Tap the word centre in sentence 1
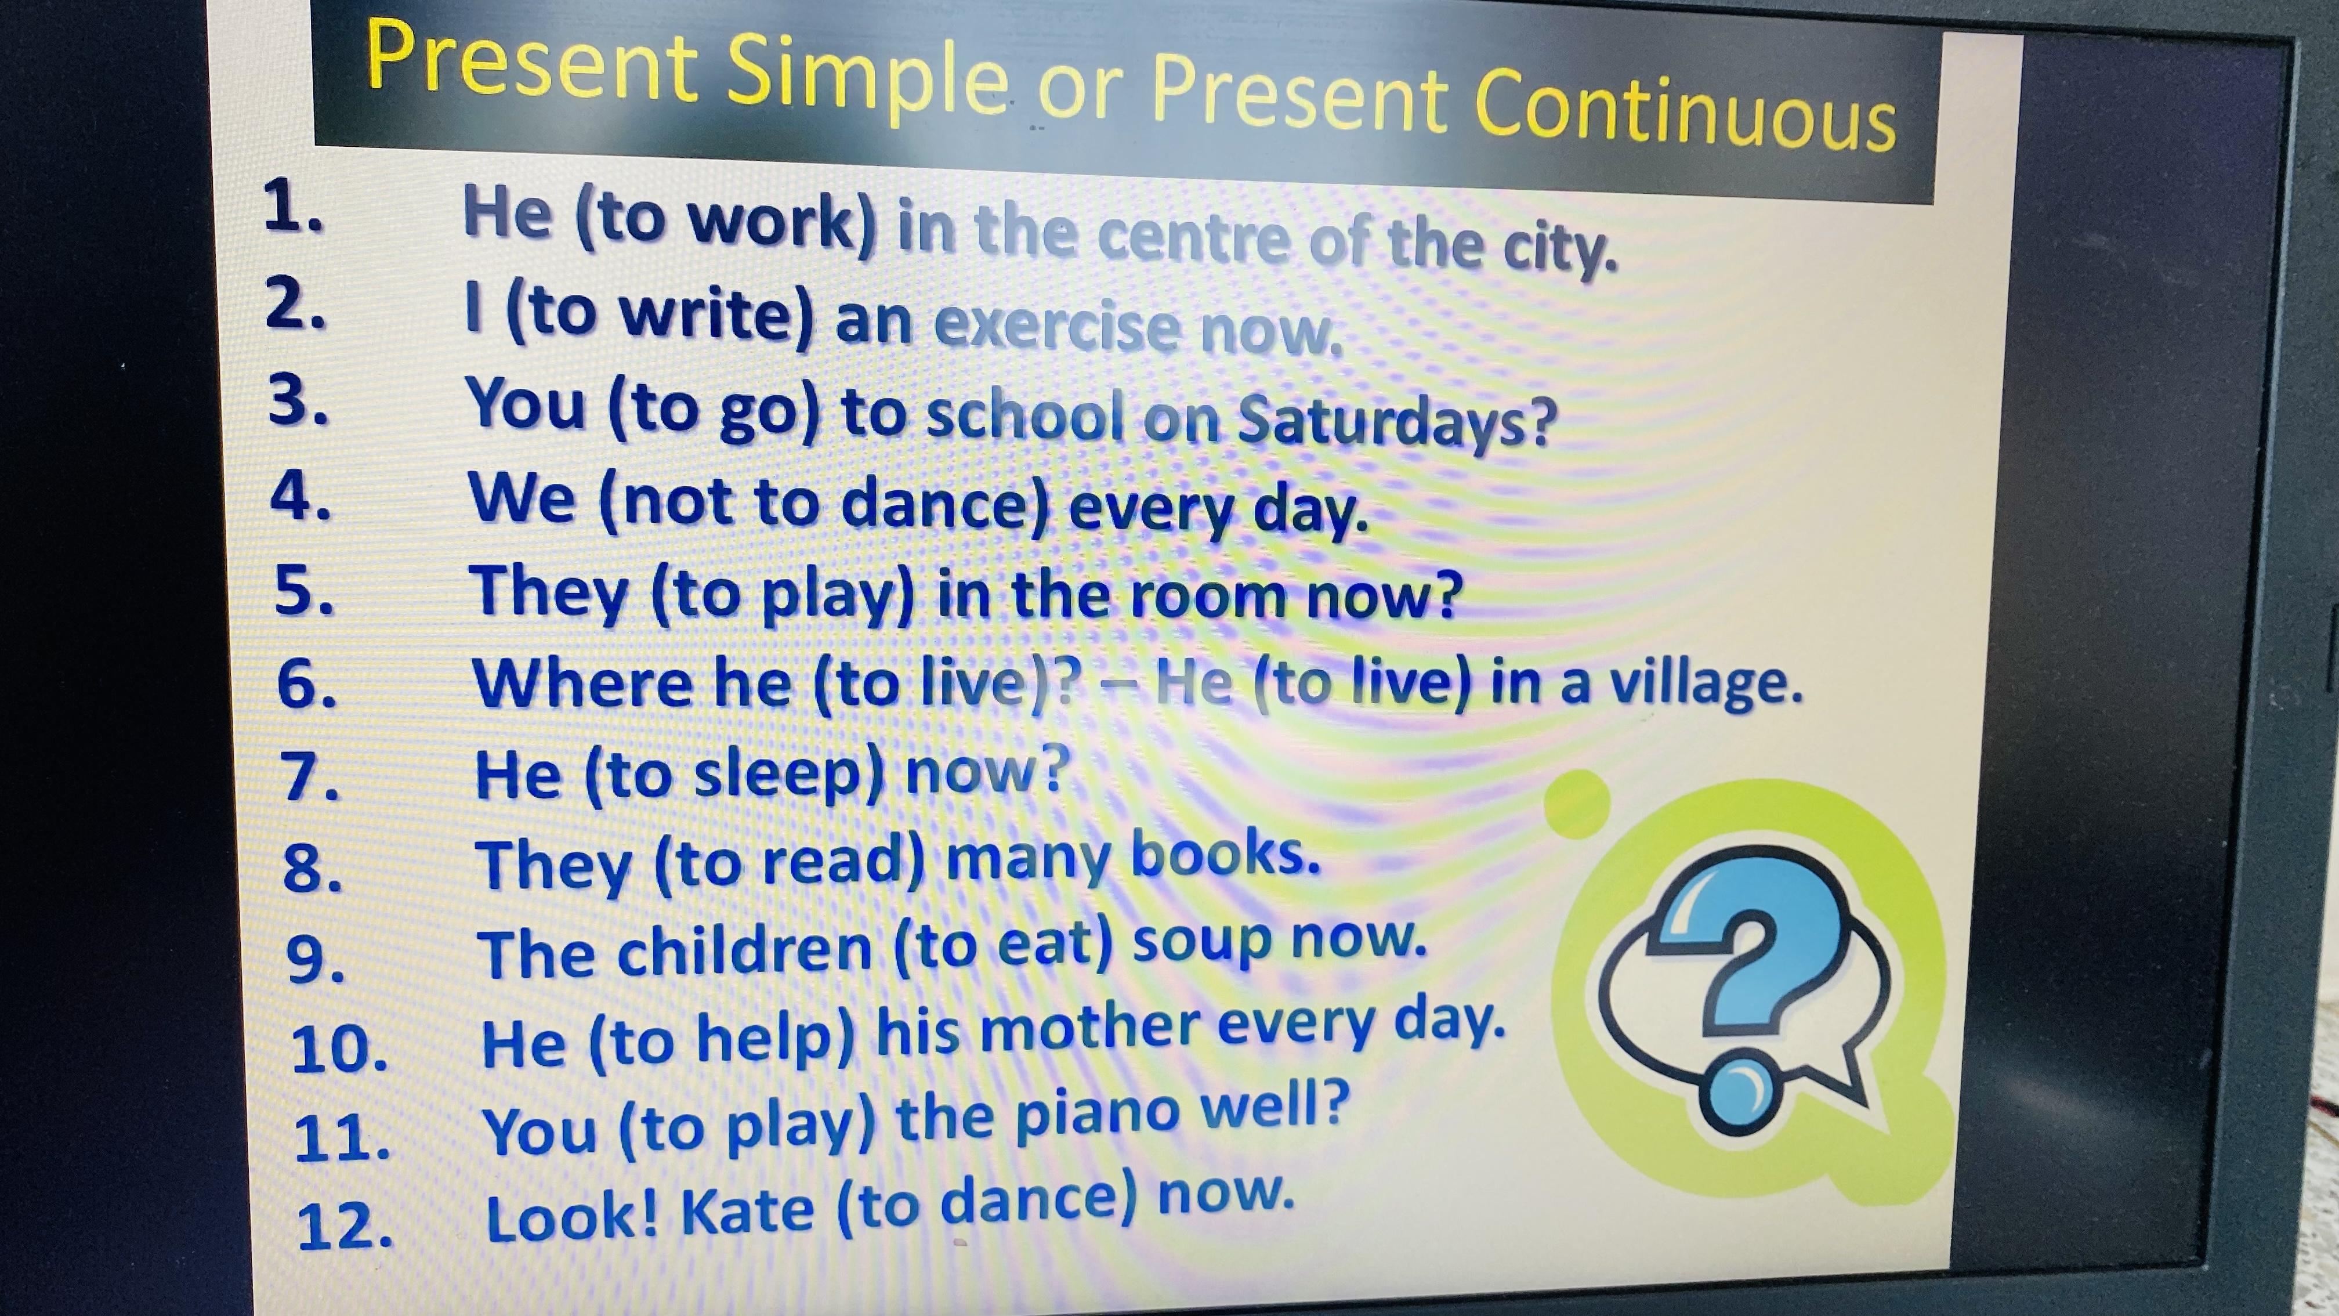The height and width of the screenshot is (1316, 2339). pos(1192,236)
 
